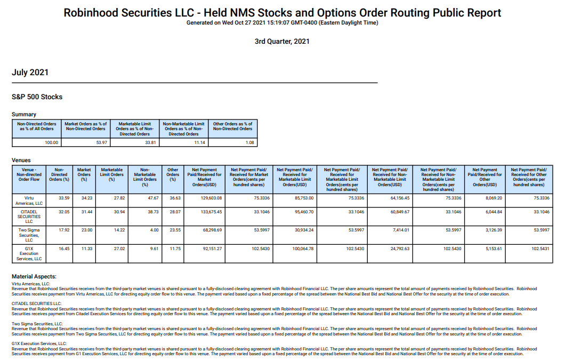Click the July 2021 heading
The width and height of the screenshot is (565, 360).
point(30,73)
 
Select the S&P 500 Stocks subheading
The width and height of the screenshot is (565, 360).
point(37,97)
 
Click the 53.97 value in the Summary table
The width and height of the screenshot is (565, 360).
point(102,142)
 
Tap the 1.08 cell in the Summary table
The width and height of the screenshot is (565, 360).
point(249,142)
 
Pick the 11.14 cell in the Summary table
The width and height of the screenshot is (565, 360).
point(200,142)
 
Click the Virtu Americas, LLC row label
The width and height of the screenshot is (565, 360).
point(29,201)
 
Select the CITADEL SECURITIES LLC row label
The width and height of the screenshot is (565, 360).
point(29,217)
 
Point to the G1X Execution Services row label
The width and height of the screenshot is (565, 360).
point(29,253)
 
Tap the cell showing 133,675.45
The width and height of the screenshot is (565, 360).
point(211,212)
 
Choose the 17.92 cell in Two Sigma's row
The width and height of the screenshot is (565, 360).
point(64,230)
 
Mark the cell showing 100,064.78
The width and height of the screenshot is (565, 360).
point(303,249)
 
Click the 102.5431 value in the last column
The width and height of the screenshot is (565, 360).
point(540,249)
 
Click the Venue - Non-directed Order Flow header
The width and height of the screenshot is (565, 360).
point(29,174)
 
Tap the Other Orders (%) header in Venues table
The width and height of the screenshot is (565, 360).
point(173,174)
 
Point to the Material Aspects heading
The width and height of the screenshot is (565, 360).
point(34,277)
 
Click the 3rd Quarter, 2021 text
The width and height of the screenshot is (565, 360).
point(282,42)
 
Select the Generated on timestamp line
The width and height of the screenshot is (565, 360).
point(282,23)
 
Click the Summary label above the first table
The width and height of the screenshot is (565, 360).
point(24,114)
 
